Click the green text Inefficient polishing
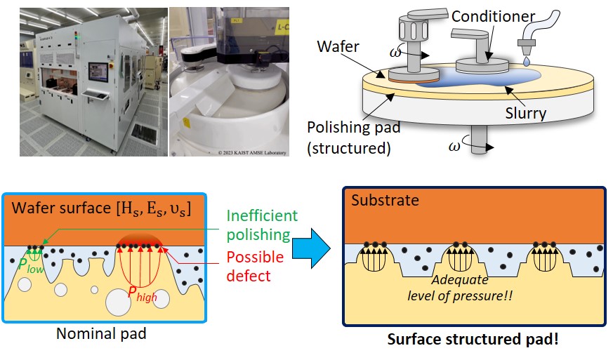click(x=261, y=225)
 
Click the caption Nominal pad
click(x=101, y=333)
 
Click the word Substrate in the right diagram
click(x=386, y=201)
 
